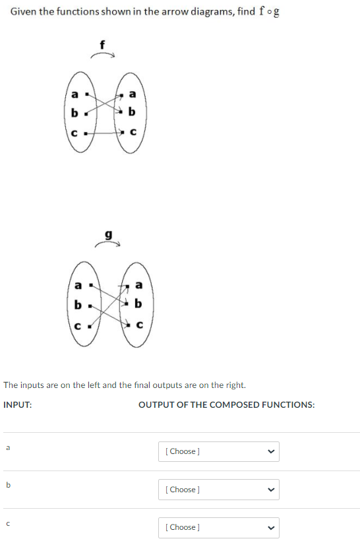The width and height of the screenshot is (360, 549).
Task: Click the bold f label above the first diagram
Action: tap(102, 45)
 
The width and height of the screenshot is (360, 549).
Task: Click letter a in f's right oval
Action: tap(133, 94)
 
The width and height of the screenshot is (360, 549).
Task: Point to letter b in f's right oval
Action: tap(133, 113)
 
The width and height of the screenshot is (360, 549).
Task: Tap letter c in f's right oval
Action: tap(133, 132)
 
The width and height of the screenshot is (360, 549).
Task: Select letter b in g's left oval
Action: tap(78, 306)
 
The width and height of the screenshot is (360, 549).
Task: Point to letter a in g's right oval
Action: tap(138, 285)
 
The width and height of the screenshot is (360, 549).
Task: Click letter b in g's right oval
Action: tap(138, 305)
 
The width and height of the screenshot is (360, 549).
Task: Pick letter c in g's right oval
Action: tap(138, 325)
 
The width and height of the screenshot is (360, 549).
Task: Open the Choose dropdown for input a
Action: tap(218, 451)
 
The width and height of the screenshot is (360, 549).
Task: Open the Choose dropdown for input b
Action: tap(218, 489)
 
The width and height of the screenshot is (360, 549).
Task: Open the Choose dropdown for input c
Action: tap(218, 527)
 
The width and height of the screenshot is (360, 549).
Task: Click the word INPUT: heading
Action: tap(18, 404)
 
